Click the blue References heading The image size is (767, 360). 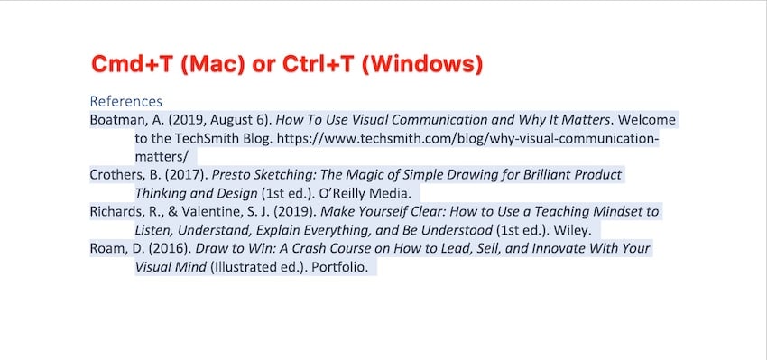click(126, 101)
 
